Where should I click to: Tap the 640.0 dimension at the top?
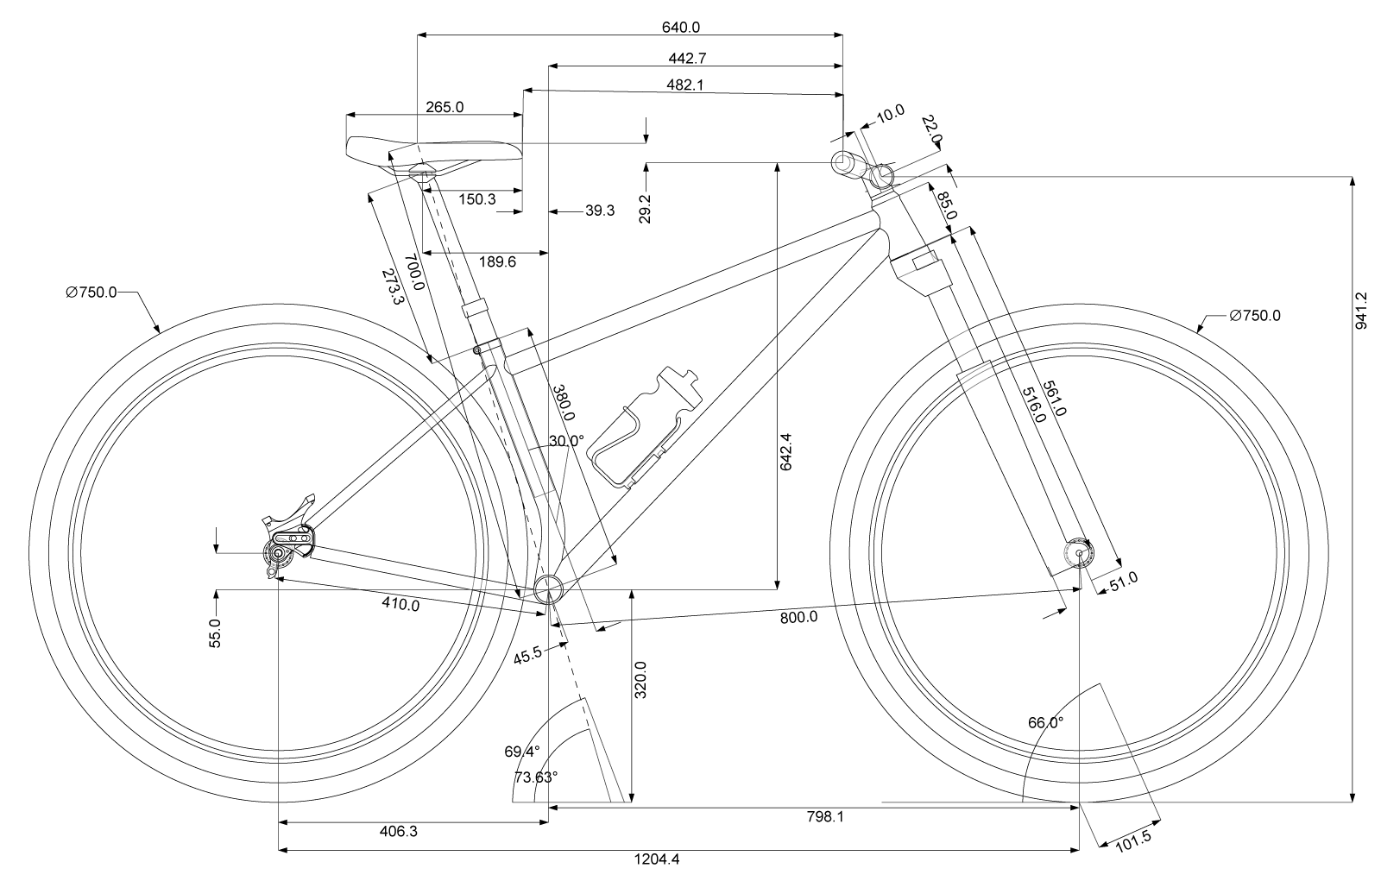680,28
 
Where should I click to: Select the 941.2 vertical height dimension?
1363,311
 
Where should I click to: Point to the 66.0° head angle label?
1045,723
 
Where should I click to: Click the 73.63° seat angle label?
536,777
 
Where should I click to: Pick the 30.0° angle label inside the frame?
565,441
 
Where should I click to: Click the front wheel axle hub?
1077,553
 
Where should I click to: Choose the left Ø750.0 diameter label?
91,293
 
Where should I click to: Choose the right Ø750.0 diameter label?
1255,316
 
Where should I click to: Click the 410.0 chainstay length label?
400,605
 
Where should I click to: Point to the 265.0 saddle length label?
445,108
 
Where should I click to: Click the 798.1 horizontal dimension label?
824,816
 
